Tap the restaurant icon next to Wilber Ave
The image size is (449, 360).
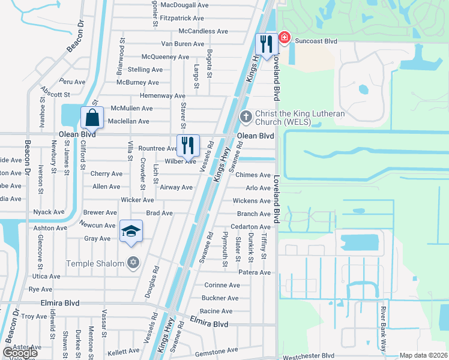188,145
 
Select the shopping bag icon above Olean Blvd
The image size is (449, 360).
92,117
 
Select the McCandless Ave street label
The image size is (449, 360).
203,31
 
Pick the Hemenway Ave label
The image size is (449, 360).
162,95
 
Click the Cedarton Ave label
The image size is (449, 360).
251,227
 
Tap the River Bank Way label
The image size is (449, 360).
383,329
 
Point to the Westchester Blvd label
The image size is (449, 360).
309,356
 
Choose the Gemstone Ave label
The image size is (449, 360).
217,350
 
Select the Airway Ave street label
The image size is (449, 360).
176,187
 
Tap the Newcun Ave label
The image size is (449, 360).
98,225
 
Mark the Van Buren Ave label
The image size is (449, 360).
183,44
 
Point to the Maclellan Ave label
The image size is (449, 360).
128,121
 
